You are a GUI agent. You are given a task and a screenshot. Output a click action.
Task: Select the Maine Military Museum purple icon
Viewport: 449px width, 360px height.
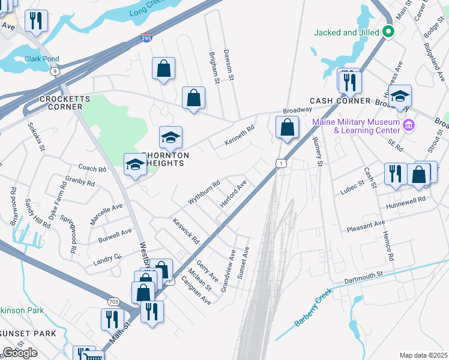click(409, 125)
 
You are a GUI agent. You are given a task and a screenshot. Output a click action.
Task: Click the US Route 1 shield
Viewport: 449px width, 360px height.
click(280, 163)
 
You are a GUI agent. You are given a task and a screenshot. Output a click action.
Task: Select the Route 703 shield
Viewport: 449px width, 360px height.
click(113, 301)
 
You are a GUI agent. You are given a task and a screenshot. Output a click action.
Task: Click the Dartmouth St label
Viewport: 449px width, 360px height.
click(363, 278)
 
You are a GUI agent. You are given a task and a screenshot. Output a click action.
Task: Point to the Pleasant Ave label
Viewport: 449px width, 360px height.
click(366, 227)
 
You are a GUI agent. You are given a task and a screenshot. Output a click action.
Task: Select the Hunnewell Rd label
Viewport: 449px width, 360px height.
click(405, 200)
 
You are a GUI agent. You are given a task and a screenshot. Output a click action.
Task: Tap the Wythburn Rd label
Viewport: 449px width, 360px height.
click(204, 193)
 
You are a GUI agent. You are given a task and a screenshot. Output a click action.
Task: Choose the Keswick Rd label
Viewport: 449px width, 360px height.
click(186, 231)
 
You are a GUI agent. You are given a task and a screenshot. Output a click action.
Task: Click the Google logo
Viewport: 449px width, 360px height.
click(20, 352)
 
